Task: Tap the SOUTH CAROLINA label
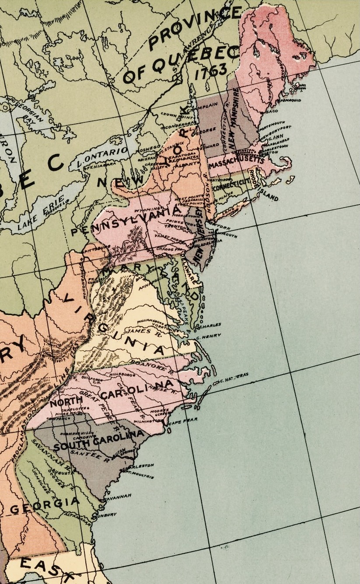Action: (x=99, y=441)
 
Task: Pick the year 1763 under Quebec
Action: (x=211, y=71)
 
